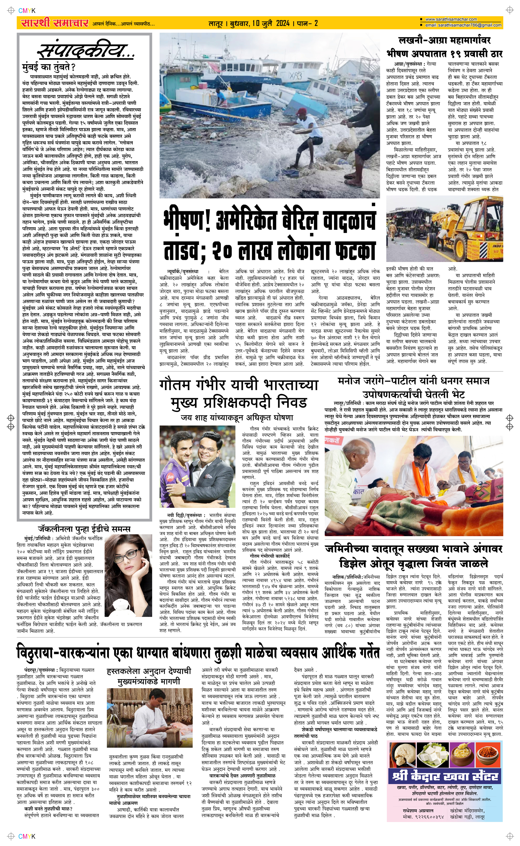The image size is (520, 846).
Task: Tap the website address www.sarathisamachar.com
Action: point(451,20)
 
